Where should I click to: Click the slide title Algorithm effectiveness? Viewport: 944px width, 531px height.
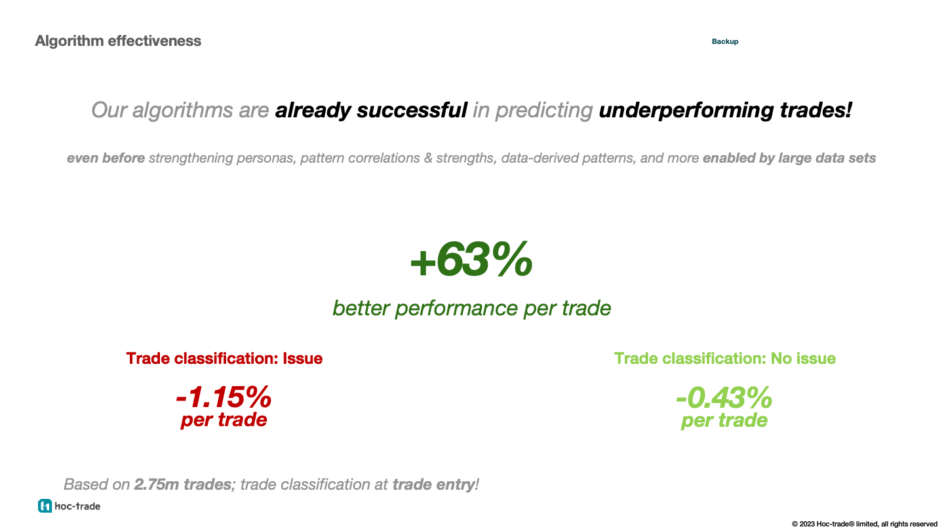point(118,41)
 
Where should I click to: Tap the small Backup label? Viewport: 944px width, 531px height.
point(725,41)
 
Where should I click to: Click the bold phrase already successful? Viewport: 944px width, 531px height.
point(370,110)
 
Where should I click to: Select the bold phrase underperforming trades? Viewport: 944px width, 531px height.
point(725,110)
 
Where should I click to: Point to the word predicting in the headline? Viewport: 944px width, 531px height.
point(543,110)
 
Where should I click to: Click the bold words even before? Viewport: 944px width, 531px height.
point(106,158)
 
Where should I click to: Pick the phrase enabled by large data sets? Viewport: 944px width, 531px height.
point(789,158)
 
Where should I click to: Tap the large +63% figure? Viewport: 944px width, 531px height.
point(471,260)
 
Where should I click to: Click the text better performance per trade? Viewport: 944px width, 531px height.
point(471,308)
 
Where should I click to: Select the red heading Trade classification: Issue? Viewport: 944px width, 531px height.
point(224,359)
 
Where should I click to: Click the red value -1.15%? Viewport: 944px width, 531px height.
point(224,397)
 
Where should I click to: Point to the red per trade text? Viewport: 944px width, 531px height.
point(224,420)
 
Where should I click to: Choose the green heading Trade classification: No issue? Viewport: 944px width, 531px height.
point(724,359)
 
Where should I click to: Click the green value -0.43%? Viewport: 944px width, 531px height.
point(724,397)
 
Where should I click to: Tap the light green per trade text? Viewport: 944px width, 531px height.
point(724,420)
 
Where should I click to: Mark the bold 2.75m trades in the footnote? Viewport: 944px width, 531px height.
point(182,484)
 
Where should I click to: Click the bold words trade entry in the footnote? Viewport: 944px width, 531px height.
point(433,484)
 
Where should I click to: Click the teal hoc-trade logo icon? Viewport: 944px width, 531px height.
point(45,505)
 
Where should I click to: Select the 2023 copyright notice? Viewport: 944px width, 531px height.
point(864,524)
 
